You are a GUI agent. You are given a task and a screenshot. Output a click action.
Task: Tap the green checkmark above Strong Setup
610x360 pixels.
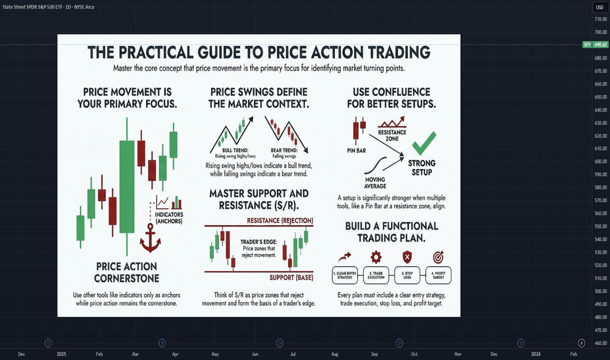(x=423, y=143)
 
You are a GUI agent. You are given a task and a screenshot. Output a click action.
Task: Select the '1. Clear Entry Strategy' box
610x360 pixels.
(x=345, y=275)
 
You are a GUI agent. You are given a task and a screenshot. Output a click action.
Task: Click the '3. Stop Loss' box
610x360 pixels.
(x=407, y=275)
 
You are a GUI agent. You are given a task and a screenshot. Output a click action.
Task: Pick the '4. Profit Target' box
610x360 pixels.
(x=439, y=275)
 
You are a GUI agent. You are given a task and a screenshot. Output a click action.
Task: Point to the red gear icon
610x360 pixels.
(x=376, y=257)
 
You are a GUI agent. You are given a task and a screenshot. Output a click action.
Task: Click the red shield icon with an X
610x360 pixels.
(x=407, y=257)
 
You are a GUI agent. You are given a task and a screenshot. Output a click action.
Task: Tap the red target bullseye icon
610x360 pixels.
(x=438, y=257)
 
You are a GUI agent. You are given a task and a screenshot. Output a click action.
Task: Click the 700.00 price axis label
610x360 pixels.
(x=601, y=32)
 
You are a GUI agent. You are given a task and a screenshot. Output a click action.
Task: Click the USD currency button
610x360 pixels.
(x=600, y=7)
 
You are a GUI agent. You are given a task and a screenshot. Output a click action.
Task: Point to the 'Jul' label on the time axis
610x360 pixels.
(x=293, y=354)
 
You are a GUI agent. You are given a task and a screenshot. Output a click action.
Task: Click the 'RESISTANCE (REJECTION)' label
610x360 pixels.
(x=280, y=221)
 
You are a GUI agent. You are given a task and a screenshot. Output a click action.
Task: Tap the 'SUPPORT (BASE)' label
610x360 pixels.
(x=291, y=278)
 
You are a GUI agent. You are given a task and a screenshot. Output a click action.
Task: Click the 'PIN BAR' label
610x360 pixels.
(x=356, y=151)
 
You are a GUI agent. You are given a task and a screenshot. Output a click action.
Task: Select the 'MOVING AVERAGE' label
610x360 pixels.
(x=375, y=183)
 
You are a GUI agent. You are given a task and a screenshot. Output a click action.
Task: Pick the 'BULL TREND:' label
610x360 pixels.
(x=236, y=151)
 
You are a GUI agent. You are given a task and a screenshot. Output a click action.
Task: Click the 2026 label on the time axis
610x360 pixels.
(x=535, y=354)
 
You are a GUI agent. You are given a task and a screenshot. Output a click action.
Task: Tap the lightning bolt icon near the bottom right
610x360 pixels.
(x=582, y=343)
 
